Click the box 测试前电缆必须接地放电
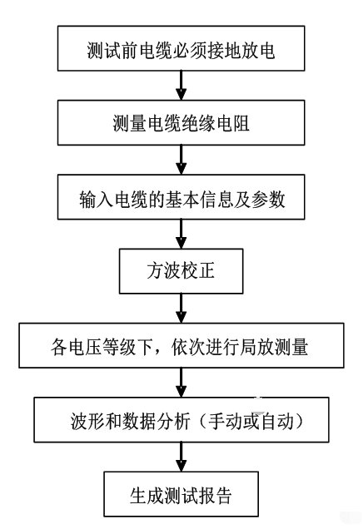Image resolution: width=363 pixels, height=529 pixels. coord(181,48)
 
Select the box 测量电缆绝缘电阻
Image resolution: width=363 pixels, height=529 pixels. coord(181,123)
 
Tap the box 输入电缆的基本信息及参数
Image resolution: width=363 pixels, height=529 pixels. coord(181,197)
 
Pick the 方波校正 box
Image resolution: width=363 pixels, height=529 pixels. coord(181,271)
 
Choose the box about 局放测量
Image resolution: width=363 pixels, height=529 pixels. coord(181,345)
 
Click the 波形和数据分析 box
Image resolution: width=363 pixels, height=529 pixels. coord(181,420)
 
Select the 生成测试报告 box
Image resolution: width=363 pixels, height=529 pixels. coord(181,494)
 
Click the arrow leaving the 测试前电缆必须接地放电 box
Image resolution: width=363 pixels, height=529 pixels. coord(181,86)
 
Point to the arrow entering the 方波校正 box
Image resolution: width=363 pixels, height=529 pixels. coord(181,234)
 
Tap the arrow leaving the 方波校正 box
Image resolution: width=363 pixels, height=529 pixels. coord(181,309)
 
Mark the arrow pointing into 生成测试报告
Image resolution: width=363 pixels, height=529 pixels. coord(181,457)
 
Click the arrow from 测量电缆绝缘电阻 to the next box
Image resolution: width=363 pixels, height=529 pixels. coord(181,160)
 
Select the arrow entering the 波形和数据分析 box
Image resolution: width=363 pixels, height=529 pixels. coord(181,383)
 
